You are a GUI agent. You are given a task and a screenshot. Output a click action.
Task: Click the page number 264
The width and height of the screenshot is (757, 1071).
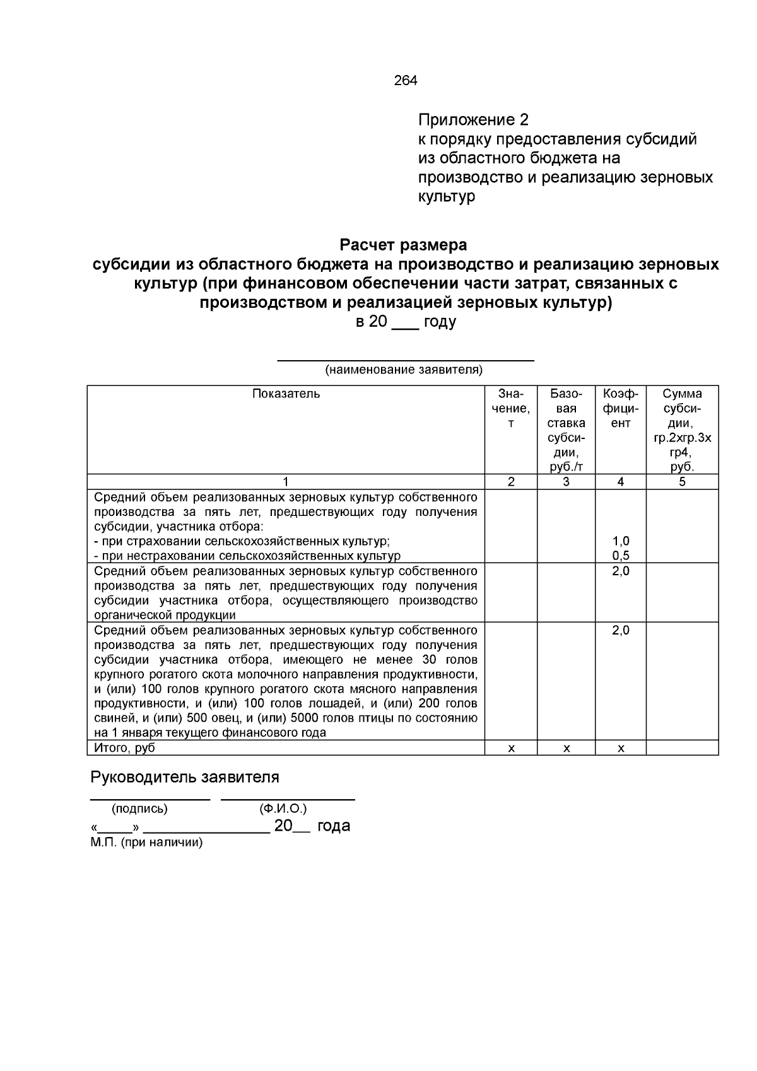(405, 81)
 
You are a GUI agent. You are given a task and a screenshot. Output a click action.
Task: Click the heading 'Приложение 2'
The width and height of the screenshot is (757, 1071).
(473, 120)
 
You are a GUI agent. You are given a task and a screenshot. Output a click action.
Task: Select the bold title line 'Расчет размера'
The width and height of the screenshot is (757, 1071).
(404, 244)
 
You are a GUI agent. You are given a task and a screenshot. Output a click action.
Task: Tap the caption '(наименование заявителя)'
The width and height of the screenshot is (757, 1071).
(404, 370)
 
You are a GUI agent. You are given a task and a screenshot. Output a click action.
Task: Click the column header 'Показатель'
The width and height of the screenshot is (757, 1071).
(286, 394)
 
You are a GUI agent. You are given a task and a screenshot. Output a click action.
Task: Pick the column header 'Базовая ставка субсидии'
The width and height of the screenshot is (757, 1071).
(566, 430)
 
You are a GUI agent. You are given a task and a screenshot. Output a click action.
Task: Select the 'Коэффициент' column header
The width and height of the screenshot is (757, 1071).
(621, 408)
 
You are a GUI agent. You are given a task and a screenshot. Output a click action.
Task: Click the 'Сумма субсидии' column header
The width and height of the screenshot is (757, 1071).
(682, 430)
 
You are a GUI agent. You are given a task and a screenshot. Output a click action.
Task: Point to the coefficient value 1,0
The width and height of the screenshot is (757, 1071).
(621, 541)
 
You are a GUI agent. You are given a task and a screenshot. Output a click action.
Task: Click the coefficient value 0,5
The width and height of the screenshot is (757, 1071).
(621, 556)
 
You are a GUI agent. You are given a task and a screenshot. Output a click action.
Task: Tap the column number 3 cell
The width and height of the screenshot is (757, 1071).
(566, 482)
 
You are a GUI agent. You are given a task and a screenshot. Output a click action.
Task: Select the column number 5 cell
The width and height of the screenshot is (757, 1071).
(682, 482)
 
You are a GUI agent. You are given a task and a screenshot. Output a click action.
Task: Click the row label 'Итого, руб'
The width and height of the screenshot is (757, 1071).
(124, 748)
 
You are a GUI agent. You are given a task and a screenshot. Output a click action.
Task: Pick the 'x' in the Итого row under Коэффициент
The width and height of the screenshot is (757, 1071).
(621, 748)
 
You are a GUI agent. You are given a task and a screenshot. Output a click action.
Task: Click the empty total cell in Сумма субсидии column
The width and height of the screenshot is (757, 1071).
(682, 748)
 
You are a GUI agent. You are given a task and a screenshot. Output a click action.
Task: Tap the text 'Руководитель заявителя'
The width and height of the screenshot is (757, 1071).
(185, 777)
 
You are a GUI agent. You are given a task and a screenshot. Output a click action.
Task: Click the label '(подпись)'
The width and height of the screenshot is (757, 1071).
(139, 809)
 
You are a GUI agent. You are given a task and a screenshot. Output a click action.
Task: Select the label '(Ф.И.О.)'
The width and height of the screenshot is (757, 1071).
(283, 809)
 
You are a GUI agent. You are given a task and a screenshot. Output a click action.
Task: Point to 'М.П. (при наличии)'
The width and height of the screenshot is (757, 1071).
(146, 843)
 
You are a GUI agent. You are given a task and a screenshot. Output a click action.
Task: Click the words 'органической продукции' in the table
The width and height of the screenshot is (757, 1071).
(165, 615)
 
